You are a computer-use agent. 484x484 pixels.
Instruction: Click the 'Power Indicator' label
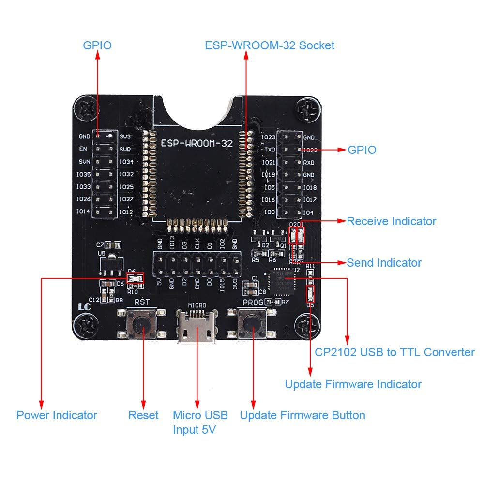click(57, 415)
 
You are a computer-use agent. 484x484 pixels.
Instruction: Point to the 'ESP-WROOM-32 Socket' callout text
click(270, 45)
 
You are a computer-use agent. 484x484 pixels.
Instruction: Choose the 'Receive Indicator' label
click(391, 221)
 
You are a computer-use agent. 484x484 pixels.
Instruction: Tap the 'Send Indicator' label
click(384, 263)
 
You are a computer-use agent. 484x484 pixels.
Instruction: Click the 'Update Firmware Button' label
click(302, 415)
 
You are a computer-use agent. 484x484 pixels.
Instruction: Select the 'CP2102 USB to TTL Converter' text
click(394, 352)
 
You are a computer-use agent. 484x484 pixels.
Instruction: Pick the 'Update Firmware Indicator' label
click(353, 384)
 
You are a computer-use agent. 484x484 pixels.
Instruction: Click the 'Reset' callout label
click(143, 415)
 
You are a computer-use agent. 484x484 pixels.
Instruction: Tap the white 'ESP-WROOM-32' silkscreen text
click(197, 144)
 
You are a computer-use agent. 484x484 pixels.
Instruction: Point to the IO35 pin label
click(84, 174)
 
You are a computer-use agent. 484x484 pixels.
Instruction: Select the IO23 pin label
click(268, 137)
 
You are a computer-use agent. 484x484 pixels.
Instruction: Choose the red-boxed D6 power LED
click(135, 278)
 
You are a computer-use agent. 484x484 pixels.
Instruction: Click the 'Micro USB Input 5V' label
click(200, 422)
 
